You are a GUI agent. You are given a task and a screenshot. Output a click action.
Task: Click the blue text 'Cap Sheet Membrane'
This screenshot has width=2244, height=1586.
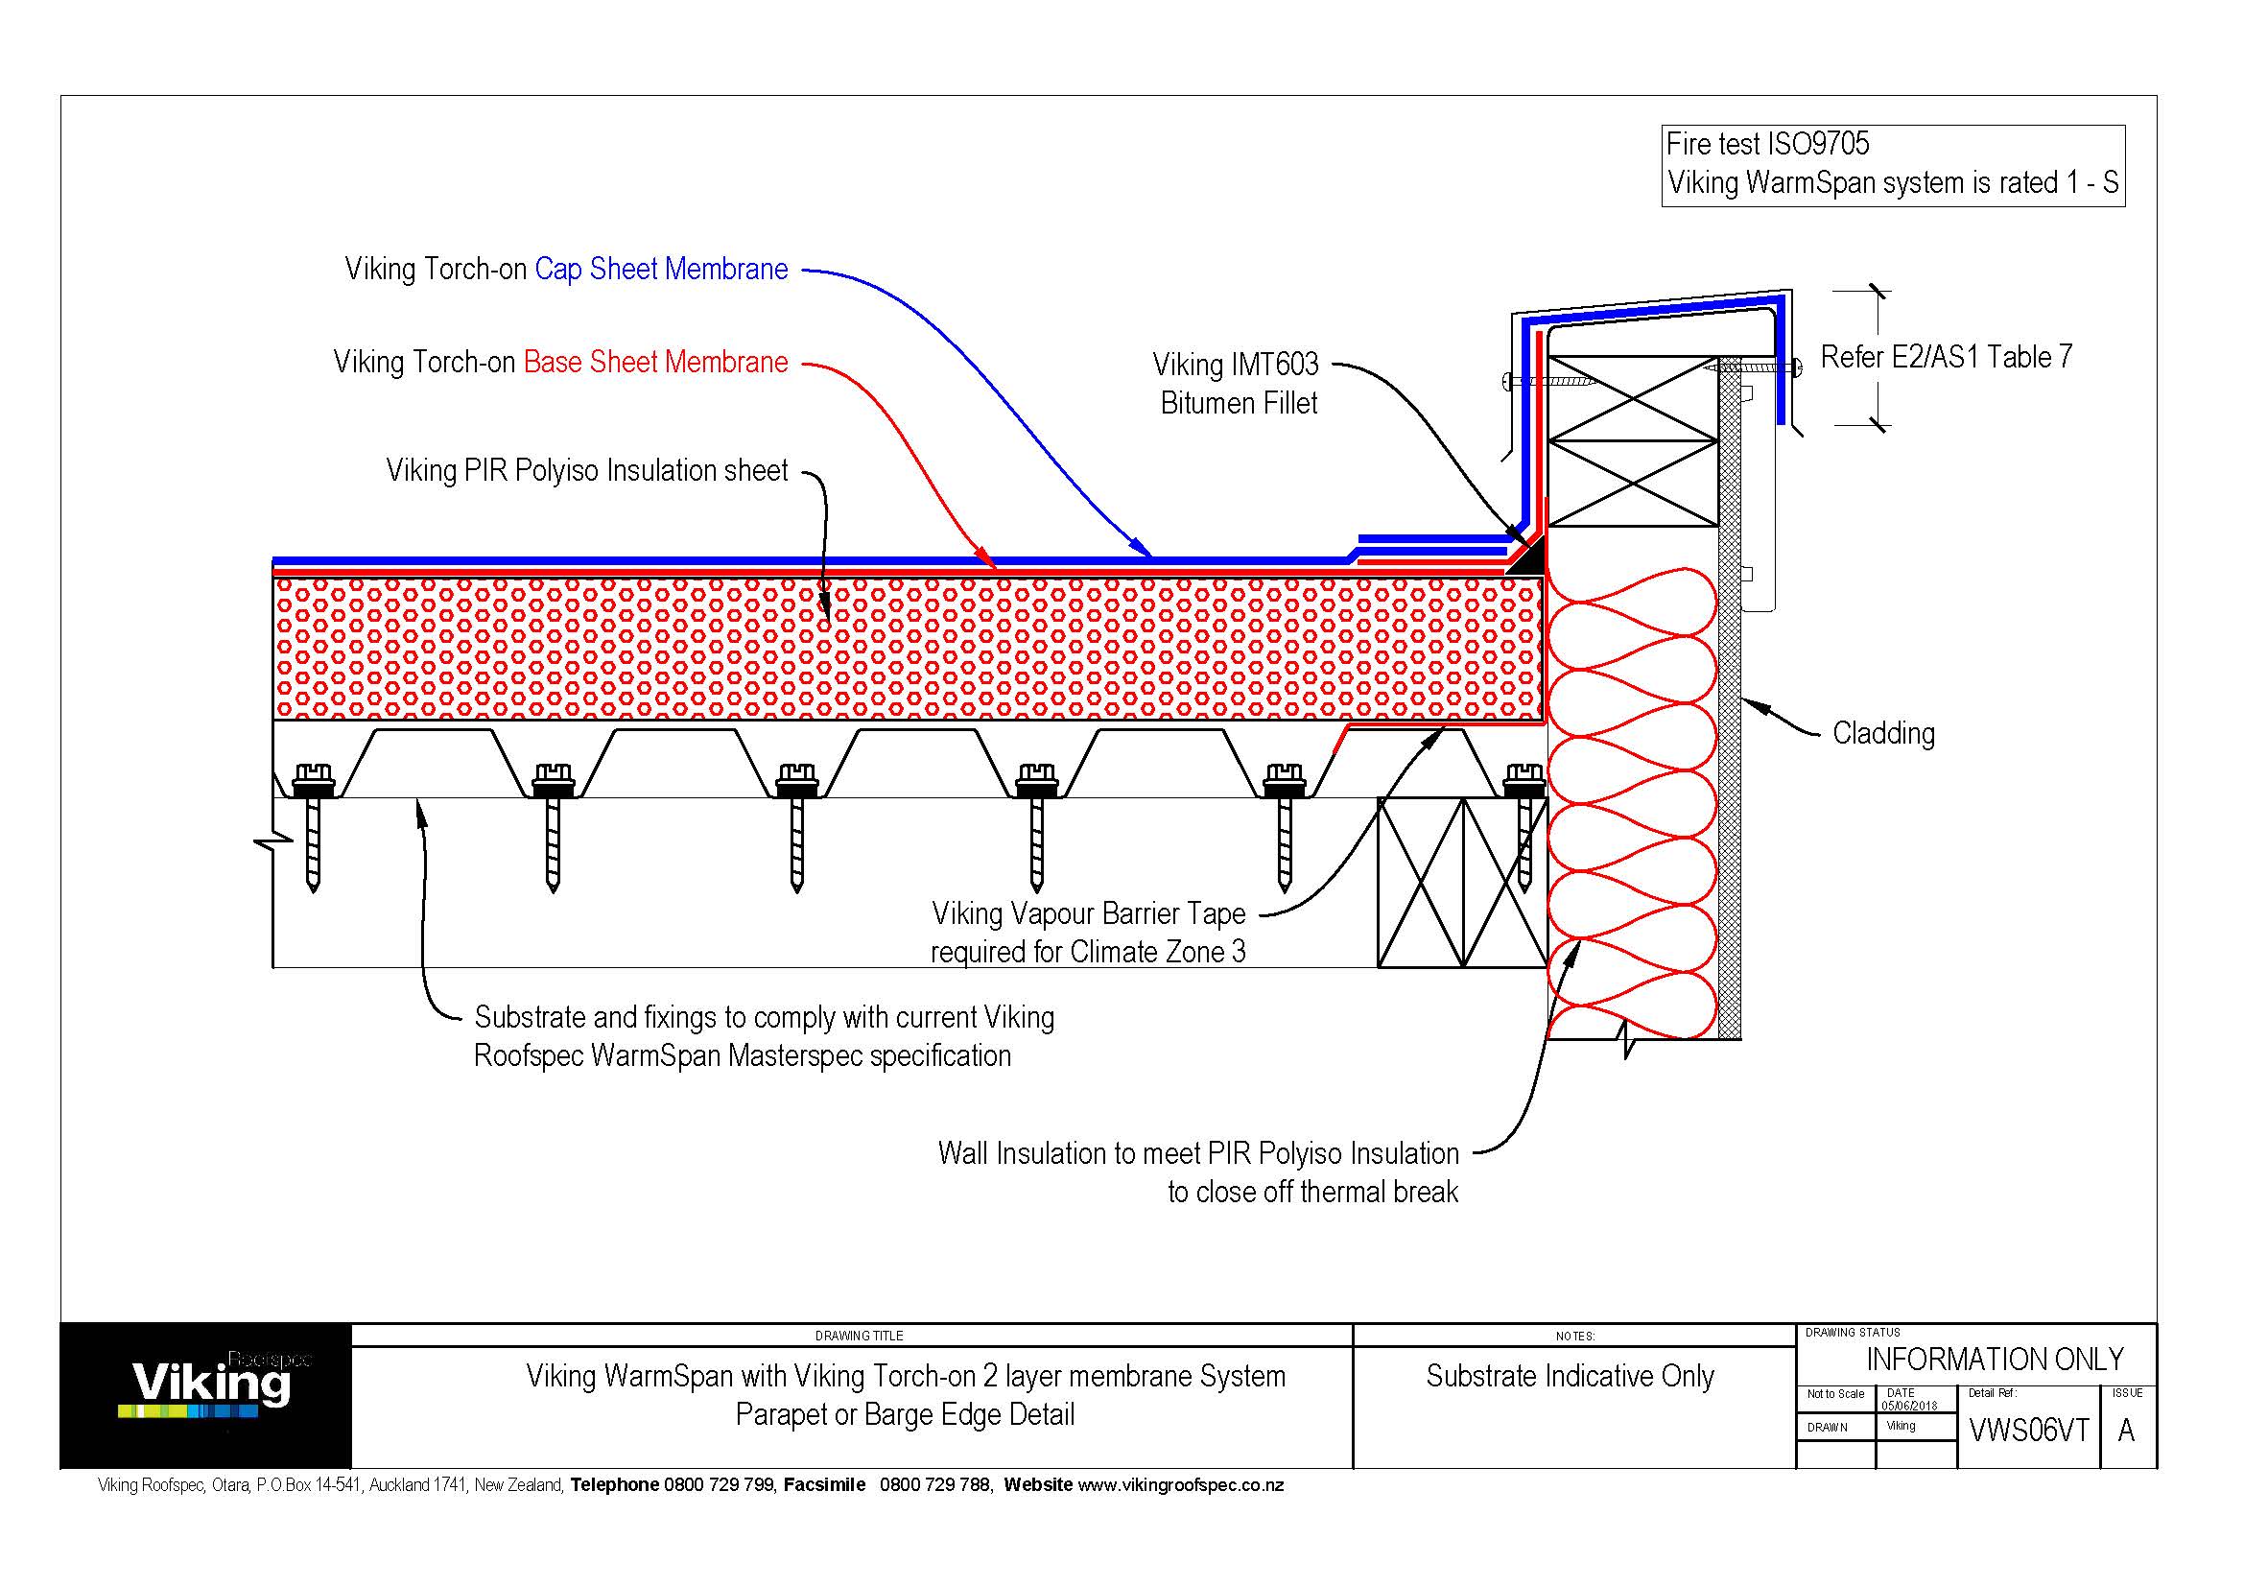tap(661, 270)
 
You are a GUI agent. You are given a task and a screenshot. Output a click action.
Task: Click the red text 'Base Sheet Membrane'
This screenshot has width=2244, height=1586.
tap(655, 363)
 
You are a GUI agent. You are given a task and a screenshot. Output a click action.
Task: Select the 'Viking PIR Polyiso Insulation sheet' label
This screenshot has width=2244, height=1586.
tap(586, 471)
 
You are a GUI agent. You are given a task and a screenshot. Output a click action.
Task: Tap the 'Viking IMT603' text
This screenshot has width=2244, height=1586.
tap(1236, 366)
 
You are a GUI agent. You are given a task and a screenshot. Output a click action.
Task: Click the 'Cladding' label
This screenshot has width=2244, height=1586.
tap(1883, 734)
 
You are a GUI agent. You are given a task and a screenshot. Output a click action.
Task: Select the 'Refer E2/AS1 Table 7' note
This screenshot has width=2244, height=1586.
tap(1946, 358)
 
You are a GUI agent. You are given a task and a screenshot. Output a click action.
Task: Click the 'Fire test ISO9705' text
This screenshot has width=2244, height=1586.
tap(1767, 145)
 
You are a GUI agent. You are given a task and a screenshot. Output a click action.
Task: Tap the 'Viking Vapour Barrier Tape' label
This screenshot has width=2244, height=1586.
tap(1089, 914)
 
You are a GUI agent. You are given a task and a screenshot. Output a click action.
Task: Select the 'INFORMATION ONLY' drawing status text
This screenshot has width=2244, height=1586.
tap(1994, 1360)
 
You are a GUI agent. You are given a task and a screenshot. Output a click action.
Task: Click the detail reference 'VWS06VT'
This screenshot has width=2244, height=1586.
tap(2028, 1431)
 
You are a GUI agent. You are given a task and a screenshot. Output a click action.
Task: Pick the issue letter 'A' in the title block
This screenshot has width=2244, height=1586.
tap(2126, 1431)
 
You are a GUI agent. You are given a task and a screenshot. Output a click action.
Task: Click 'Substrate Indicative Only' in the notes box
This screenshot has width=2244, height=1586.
tap(1570, 1377)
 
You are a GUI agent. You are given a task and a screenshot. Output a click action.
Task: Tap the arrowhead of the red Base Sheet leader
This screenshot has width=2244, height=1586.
tap(989, 563)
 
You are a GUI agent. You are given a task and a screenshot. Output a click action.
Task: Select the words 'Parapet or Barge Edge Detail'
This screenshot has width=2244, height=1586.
tap(905, 1415)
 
